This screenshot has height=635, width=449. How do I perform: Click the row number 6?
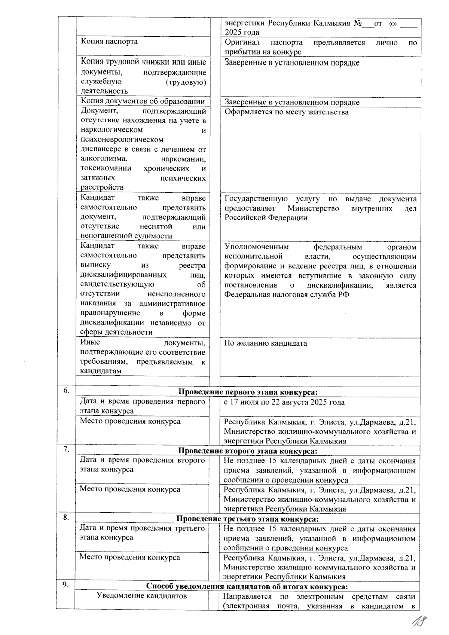(x=66, y=391)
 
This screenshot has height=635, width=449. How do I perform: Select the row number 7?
(x=66, y=449)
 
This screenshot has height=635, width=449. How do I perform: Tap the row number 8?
(x=66, y=518)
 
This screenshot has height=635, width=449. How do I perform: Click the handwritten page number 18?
(x=419, y=622)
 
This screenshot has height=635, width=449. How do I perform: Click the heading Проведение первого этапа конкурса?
(x=248, y=392)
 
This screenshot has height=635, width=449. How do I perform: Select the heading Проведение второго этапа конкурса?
(x=248, y=451)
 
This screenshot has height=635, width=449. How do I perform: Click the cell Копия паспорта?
(x=109, y=42)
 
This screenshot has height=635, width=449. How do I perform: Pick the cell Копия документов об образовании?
(x=143, y=101)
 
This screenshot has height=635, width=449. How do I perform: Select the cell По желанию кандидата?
(x=266, y=343)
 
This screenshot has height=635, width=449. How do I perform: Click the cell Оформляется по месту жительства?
(x=286, y=112)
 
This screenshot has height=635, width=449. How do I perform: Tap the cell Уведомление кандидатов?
(x=141, y=596)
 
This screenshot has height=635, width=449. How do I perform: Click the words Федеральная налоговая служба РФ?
(x=287, y=294)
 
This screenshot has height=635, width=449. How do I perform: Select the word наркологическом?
(x=112, y=130)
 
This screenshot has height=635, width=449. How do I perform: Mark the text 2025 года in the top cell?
(x=242, y=32)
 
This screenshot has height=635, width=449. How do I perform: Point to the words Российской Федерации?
(x=266, y=218)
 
